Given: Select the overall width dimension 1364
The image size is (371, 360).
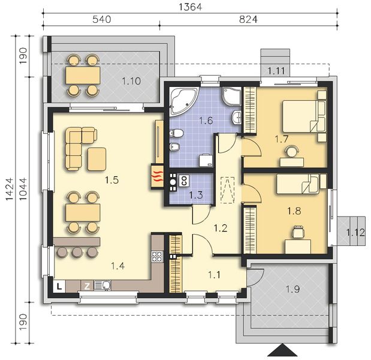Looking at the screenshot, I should click(191, 7).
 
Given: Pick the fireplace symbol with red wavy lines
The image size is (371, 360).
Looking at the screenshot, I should click(156, 176).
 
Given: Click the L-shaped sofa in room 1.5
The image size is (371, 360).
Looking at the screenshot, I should click(79, 146).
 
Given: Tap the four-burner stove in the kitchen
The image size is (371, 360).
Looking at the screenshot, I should click(156, 257).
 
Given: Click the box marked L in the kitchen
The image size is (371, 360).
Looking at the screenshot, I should click(60, 286).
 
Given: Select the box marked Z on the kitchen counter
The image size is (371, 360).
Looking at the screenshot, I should click(87, 286).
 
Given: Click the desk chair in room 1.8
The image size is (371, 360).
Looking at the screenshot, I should click(298, 231).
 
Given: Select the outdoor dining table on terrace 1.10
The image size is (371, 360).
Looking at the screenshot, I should click(82, 75).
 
